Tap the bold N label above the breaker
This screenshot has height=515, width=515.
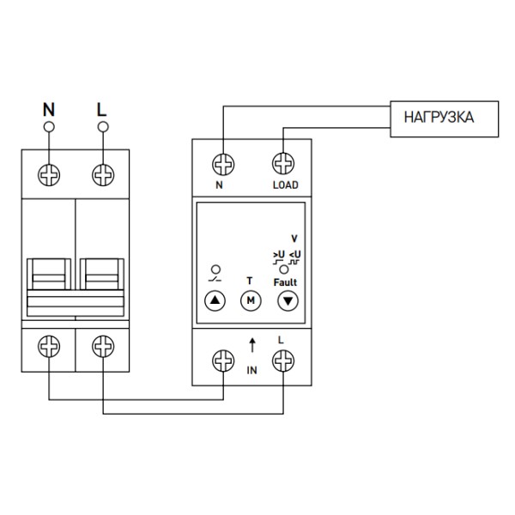click(x=49, y=110)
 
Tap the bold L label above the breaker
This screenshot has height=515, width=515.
click(x=102, y=110)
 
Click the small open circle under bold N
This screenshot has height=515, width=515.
click(x=49, y=128)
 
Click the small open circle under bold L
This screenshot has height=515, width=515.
click(x=103, y=128)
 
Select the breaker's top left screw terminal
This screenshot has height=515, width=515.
click(x=49, y=173)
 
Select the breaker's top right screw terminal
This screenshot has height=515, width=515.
click(x=103, y=173)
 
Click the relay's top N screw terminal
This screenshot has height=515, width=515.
click(x=224, y=163)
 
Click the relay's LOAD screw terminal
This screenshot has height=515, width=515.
click(x=283, y=163)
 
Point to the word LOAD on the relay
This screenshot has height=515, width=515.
click(x=284, y=185)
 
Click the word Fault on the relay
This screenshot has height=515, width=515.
click(x=284, y=282)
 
